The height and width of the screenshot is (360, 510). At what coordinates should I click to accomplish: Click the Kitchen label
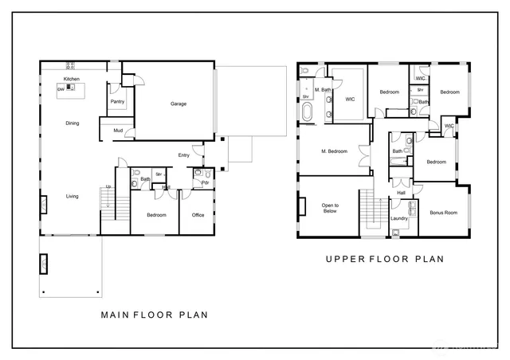point(72,80)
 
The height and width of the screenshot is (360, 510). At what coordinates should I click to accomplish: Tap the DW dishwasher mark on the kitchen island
point(61,89)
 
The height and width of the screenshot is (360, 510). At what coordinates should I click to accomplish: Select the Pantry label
point(117,102)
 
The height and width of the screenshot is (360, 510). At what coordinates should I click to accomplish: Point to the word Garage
point(178,104)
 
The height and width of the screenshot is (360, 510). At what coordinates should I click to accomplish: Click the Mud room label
point(117,131)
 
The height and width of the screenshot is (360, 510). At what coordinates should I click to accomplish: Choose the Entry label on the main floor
point(184,155)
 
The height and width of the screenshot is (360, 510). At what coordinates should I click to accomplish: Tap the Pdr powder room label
point(205,183)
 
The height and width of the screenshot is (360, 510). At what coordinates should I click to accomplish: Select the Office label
point(198,215)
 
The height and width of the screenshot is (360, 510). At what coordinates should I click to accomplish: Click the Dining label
point(72,123)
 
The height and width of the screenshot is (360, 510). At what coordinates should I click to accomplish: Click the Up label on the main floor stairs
point(108,187)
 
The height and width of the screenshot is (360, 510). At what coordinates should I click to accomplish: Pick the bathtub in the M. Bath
point(308,114)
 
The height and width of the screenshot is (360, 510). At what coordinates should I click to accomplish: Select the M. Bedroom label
point(334,151)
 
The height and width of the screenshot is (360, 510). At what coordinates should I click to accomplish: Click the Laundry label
point(399,219)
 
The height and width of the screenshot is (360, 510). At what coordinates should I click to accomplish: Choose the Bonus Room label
point(442,213)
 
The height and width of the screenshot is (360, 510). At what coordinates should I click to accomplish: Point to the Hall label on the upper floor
point(402,193)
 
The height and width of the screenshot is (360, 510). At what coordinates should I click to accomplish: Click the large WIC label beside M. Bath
point(350,100)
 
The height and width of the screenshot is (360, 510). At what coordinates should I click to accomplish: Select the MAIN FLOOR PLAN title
point(154,315)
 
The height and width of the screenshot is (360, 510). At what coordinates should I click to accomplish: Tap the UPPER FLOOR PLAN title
point(384,259)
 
